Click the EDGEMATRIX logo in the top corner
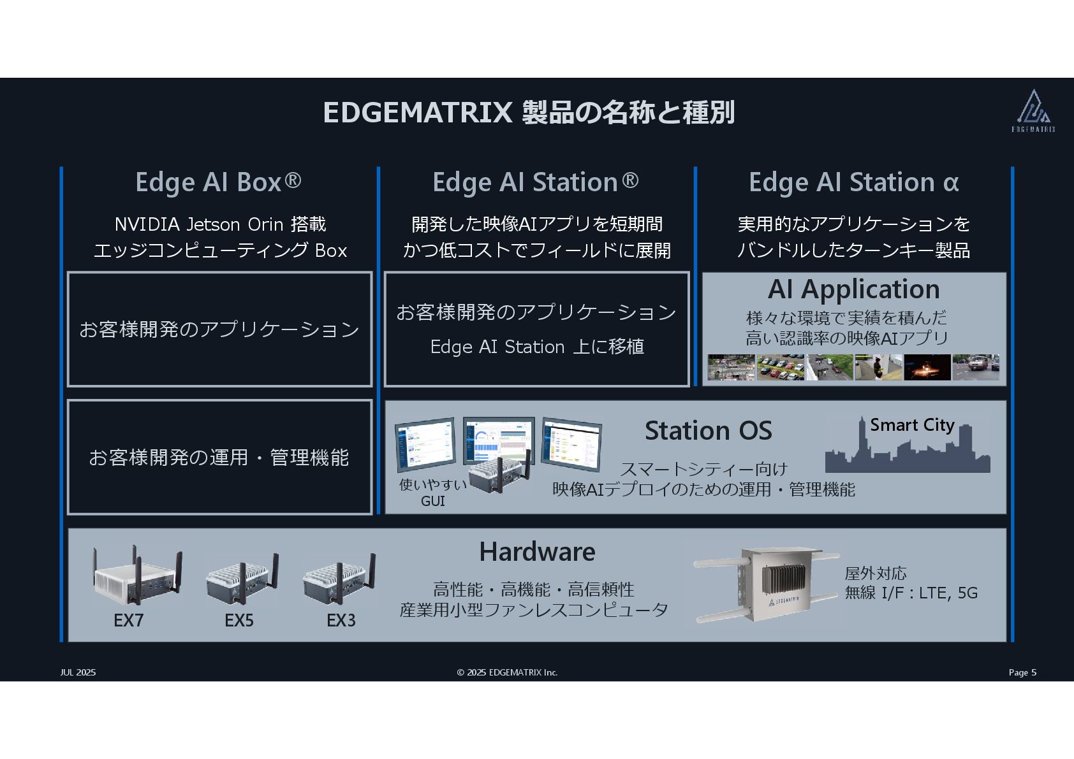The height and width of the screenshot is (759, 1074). [1033, 111]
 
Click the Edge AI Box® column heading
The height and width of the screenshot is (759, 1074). [218, 182]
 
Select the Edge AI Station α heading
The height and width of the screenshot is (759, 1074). [853, 182]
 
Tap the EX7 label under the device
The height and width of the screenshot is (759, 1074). [129, 620]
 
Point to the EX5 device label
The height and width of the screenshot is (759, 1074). [239, 620]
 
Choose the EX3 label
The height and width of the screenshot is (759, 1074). [341, 620]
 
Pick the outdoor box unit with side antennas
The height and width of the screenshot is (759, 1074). [765, 584]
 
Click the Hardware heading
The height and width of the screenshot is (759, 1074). [537, 552]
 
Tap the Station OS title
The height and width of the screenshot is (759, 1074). [708, 431]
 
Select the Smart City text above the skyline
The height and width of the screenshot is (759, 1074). [912, 425]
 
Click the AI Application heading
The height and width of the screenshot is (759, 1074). [853, 289]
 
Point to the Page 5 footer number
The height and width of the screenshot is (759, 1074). [1022, 672]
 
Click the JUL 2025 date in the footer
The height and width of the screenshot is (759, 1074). [78, 672]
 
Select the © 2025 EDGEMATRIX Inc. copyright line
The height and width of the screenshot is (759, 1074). [507, 672]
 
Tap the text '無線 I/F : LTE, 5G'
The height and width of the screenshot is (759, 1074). [911, 593]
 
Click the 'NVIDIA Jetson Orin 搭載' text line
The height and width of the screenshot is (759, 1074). [220, 224]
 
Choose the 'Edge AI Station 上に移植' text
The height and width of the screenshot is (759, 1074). [537, 347]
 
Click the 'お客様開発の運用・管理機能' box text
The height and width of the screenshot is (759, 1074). [219, 458]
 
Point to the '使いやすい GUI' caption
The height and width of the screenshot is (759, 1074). [432, 493]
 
